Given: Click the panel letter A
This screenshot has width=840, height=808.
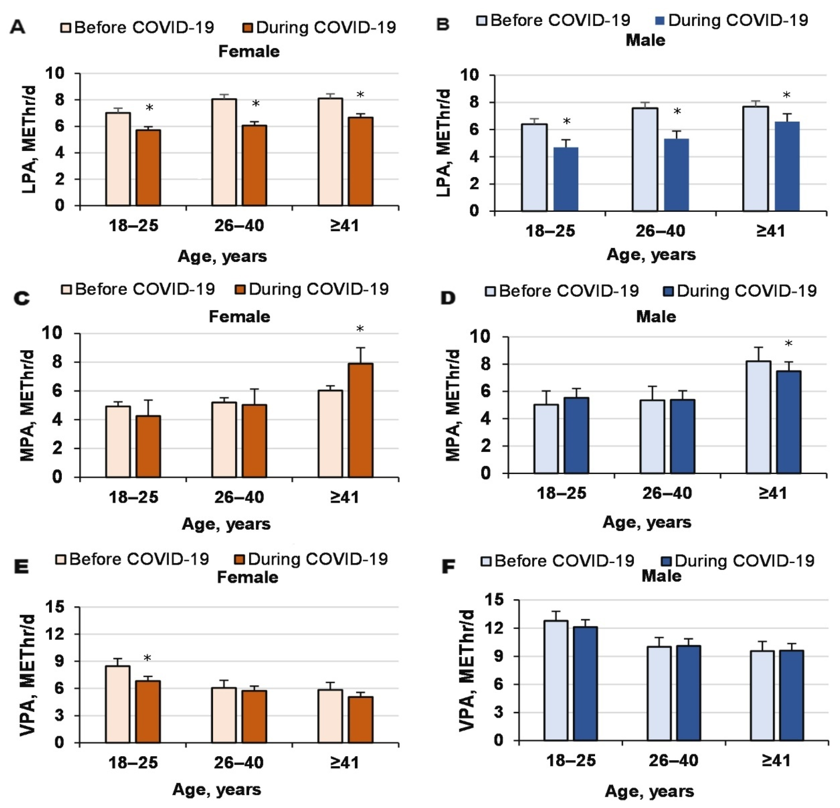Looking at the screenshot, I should [18, 27].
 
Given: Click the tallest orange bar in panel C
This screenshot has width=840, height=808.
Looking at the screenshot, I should [360, 420].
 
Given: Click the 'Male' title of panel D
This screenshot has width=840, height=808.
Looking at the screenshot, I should [656, 317].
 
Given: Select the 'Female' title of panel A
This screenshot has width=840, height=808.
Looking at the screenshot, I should [249, 52].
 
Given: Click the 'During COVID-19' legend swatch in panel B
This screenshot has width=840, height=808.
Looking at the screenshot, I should [660, 20].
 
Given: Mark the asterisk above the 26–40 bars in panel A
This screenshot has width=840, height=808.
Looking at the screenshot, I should [256, 104].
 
